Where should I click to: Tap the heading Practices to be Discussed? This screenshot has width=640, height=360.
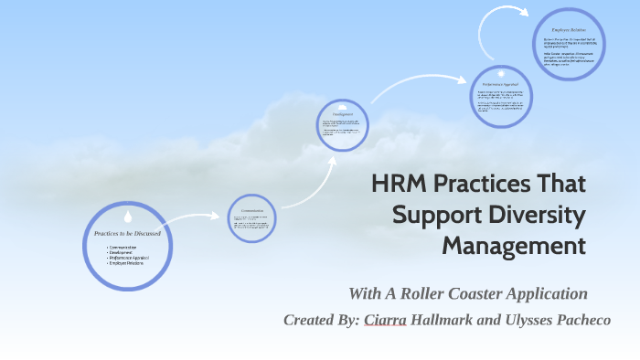(x=128, y=234)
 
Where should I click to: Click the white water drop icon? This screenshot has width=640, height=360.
(x=128, y=217)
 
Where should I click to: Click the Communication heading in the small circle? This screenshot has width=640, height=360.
(x=252, y=210)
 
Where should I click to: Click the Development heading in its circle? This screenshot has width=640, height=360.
(x=343, y=114)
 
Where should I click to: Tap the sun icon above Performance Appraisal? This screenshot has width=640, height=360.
(x=500, y=72)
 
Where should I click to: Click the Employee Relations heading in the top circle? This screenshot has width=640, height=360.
(x=568, y=30)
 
